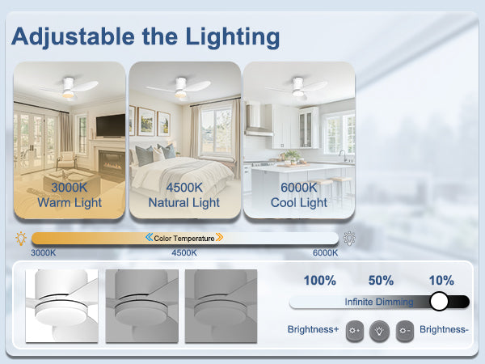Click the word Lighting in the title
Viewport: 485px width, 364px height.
tap(233, 37)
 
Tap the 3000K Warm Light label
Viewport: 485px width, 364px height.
tap(70, 195)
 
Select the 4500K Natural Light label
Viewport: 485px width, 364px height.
tap(184, 195)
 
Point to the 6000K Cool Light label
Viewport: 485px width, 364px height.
tap(299, 195)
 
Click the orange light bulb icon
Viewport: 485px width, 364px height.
tap(21, 239)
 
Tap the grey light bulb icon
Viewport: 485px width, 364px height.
tap(349, 239)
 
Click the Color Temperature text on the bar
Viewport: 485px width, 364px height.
tap(184, 239)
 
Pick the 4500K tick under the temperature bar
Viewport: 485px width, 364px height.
tap(184, 253)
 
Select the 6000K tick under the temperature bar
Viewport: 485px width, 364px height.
tap(325, 253)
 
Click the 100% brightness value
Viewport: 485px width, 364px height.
tap(320, 281)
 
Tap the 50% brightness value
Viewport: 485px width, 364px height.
tap(381, 281)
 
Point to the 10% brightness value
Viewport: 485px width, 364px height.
tap(441, 281)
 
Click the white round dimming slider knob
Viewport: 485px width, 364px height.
tap(439, 301)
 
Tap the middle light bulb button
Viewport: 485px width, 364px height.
tap(379, 331)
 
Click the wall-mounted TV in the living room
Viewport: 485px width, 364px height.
tap(111, 125)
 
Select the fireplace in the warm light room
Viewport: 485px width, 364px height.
tap(112, 162)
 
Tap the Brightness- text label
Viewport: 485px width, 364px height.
tap(444, 329)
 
